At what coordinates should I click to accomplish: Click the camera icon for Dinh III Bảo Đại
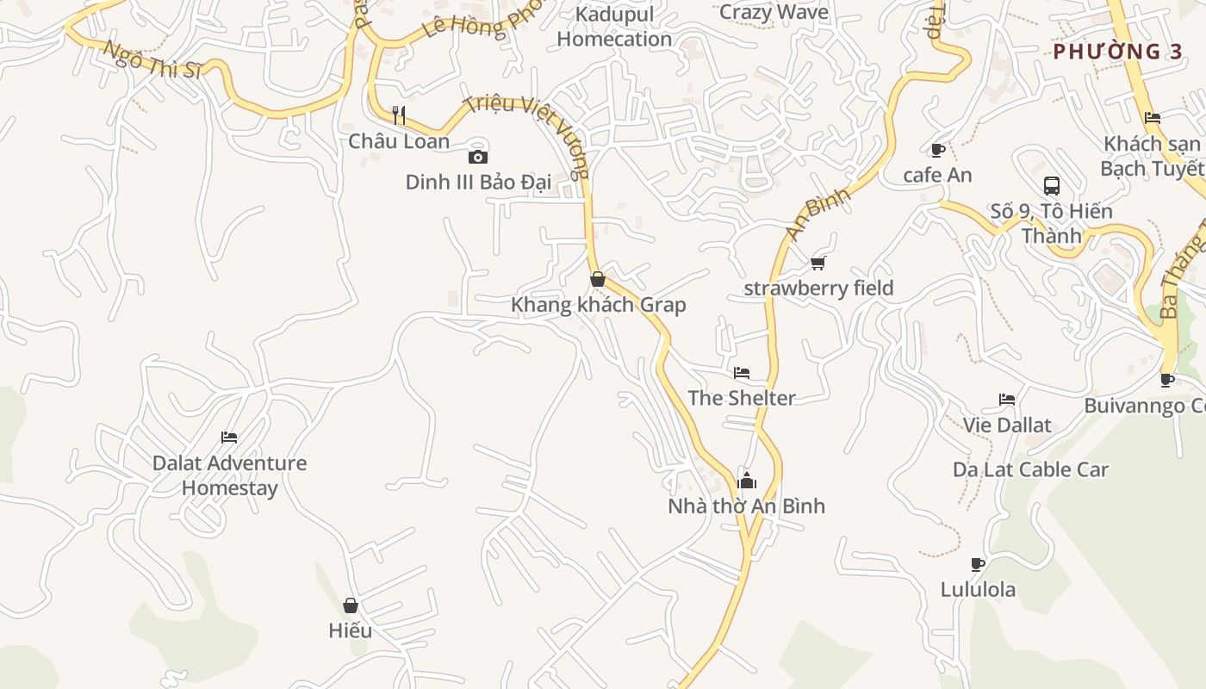click(477, 157)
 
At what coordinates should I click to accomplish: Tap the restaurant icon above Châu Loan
click(399, 115)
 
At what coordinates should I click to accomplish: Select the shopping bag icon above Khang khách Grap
click(597, 279)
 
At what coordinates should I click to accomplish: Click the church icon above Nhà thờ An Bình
click(746, 480)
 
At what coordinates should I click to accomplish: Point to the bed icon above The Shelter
click(741, 373)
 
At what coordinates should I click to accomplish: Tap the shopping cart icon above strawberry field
click(817, 263)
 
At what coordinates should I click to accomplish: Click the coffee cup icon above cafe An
click(938, 150)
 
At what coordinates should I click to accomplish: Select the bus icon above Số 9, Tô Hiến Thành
click(1051, 185)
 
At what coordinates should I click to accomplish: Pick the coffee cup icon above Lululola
click(977, 564)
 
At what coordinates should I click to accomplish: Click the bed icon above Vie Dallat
click(1006, 400)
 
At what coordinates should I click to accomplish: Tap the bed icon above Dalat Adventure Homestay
click(228, 438)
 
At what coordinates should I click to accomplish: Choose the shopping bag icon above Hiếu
click(350, 605)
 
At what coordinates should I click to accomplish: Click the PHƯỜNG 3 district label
click(1117, 52)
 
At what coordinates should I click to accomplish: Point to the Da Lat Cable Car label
click(1029, 469)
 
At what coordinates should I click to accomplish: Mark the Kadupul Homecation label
click(613, 27)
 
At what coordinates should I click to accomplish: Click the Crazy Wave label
click(773, 12)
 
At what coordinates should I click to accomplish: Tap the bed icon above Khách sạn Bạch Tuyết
click(1152, 118)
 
